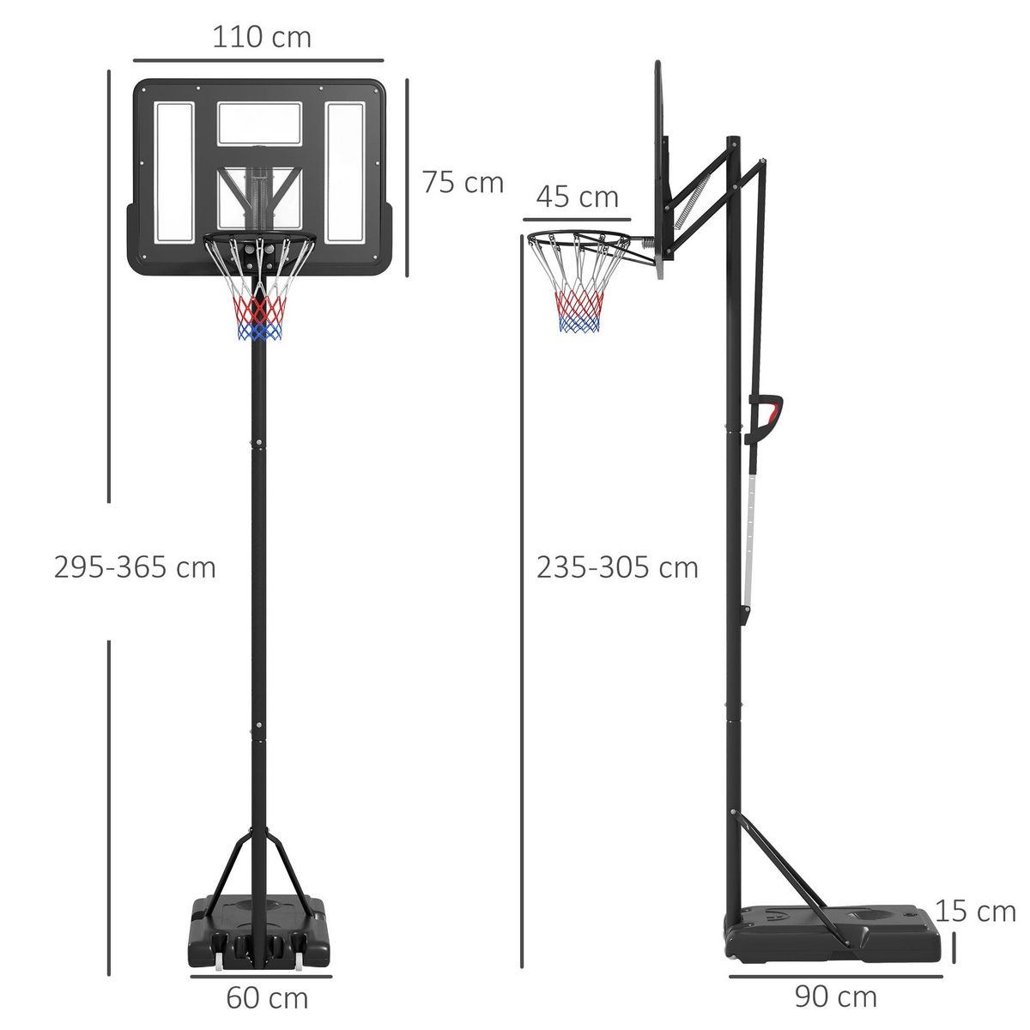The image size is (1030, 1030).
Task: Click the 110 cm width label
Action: pos(261,38)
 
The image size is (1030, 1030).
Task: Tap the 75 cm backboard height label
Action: pos(463,183)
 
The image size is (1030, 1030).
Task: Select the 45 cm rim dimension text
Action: pos(577,197)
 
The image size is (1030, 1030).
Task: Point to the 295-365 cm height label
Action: pos(135,567)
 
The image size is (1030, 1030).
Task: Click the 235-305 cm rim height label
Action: pos(617,567)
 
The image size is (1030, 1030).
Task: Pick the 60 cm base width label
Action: pos(267,998)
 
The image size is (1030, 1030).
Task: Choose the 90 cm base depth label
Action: pos(835,997)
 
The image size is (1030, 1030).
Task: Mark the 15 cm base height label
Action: pos(975,911)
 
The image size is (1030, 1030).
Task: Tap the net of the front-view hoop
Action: pos(258,300)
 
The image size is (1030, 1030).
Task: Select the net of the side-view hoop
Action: pos(580,296)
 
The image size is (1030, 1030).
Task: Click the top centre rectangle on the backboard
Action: pos(259,123)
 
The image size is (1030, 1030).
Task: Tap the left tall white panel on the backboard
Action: pos(174,171)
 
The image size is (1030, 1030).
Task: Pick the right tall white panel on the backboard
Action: pos(345,171)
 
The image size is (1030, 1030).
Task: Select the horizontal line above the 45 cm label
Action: pos(577,221)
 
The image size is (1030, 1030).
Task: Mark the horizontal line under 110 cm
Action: pos(258,61)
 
